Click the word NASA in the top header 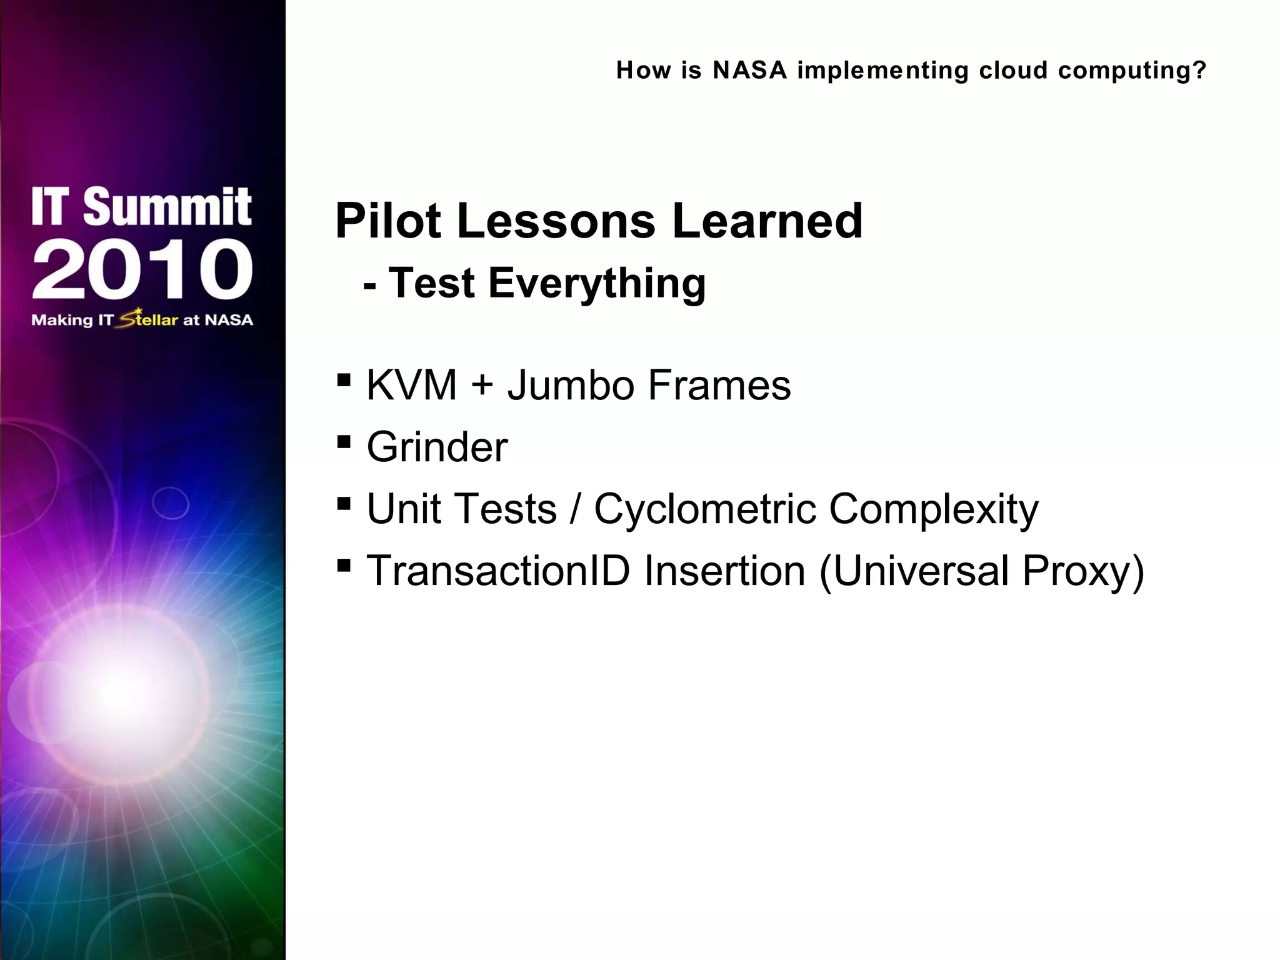pyautogui.click(x=749, y=70)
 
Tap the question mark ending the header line pyautogui.click(x=1199, y=70)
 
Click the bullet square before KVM pyautogui.click(x=343, y=380)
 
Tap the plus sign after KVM pyautogui.click(x=482, y=385)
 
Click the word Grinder pyautogui.click(x=437, y=447)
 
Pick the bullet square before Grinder pyautogui.click(x=343, y=442)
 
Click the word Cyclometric pyautogui.click(x=705, y=509)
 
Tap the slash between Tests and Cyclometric pyautogui.click(x=575, y=509)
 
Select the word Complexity pyautogui.click(x=934, y=509)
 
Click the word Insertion pyautogui.click(x=724, y=571)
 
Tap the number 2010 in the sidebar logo pyautogui.click(x=142, y=269)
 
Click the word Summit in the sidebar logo pyautogui.click(x=167, y=207)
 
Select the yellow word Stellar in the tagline pyautogui.click(x=149, y=319)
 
